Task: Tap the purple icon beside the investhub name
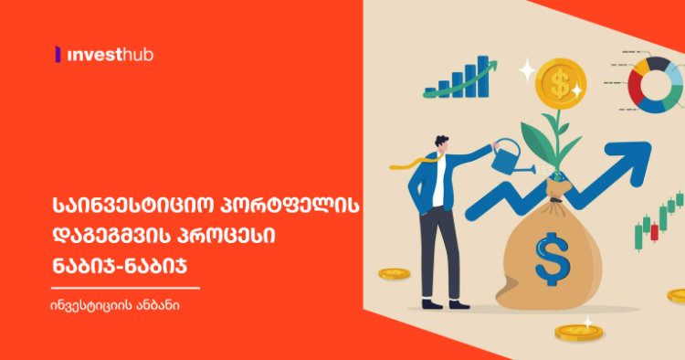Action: tap(58, 55)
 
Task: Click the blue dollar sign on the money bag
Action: tap(552, 259)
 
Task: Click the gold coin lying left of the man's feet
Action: tap(394, 273)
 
